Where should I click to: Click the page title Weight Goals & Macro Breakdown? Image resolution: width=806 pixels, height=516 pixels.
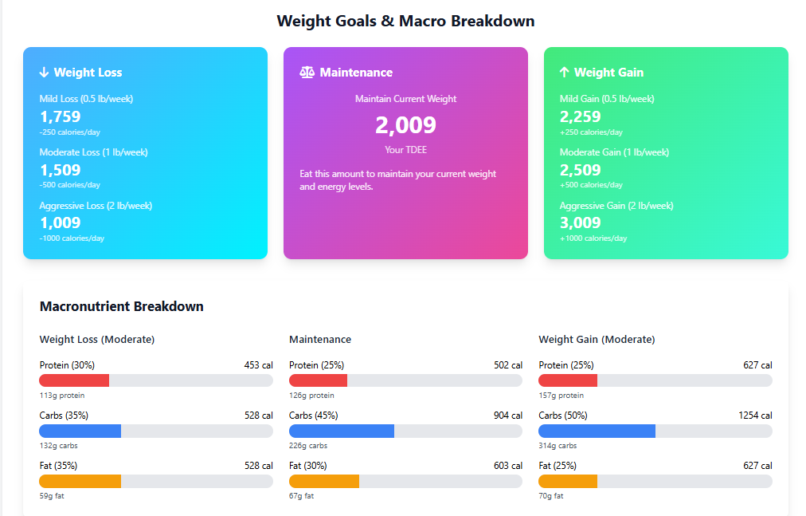[x=405, y=21]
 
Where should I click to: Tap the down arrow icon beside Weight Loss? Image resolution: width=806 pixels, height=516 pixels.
[x=44, y=73]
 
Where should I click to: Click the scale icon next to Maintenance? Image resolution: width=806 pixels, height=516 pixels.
[x=307, y=73]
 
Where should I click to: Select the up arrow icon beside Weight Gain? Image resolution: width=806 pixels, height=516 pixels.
[x=564, y=73]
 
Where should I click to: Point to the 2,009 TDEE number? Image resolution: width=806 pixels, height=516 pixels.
[x=405, y=125]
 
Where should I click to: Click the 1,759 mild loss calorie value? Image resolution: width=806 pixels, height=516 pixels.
[x=61, y=116]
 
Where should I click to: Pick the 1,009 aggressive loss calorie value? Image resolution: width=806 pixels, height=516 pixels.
[x=61, y=223]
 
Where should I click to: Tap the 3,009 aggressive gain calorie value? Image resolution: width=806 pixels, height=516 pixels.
[x=581, y=223]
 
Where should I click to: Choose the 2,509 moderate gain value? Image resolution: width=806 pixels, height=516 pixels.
[x=581, y=170]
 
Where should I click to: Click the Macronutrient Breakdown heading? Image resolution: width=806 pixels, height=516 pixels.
[x=121, y=306]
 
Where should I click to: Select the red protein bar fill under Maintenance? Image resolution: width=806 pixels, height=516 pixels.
[x=318, y=380]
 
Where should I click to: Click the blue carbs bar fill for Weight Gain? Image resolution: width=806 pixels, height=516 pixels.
[x=597, y=431]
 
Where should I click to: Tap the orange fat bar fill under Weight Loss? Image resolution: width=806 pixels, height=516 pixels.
[x=80, y=481]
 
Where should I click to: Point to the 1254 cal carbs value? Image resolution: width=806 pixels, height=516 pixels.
[x=755, y=416]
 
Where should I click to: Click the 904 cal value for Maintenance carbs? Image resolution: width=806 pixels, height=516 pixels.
[x=508, y=416]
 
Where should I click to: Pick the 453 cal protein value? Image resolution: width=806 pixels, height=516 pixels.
[x=258, y=365]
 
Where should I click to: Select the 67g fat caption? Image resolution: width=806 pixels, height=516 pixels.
[x=301, y=496]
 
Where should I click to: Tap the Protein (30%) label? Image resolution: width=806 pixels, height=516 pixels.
[x=67, y=365]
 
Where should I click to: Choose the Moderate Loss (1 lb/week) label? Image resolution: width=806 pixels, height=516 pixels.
[x=93, y=152]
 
